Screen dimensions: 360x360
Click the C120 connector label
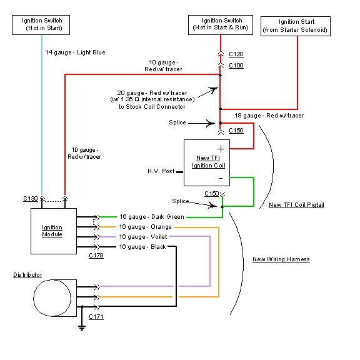click(x=236, y=54)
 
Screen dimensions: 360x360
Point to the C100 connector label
click(x=236, y=66)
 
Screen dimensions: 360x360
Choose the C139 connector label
click(x=31, y=199)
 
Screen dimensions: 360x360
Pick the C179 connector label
click(x=96, y=256)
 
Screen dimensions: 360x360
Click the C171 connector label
click(x=96, y=317)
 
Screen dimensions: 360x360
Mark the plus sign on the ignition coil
click(x=221, y=149)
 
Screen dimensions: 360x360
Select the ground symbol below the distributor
click(x=82, y=327)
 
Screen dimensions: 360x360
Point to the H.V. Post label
click(x=161, y=171)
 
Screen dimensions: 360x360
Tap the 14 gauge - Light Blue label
click(x=75, y=52)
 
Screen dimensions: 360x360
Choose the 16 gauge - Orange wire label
click(x=146, y=227)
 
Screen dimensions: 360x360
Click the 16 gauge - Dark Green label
click(x=152, y=217)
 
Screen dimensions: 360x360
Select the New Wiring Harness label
click(x=281, y=259)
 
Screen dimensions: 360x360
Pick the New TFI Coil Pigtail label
click(x=297, y=205)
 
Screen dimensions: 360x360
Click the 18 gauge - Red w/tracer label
click(x=269, y=116)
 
